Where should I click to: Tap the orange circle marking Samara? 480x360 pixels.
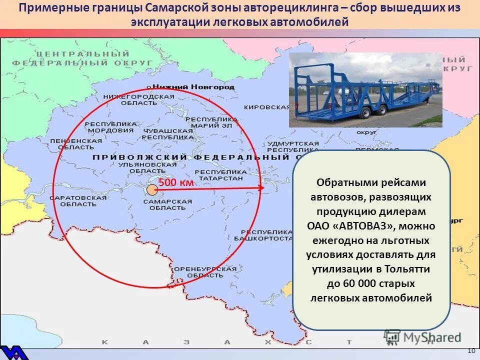point(152,189)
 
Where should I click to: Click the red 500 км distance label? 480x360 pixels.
point(176,183)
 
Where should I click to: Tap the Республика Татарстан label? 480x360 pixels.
point(218,174)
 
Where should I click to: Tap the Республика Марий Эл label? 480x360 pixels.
point(211,123)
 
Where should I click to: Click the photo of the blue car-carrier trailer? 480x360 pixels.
point(365,90)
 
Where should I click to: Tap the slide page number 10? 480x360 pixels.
point(471,351)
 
